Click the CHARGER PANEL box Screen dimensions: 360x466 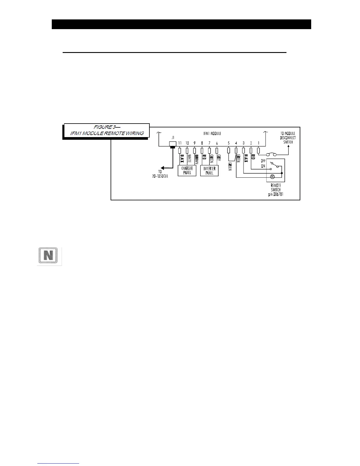click(x=187, y=171)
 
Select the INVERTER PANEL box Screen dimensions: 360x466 click(x=209, y=171)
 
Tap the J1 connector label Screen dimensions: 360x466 click(x=173, y=137)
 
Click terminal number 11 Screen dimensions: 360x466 click(x=180, y=143)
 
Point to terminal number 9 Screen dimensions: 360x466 click(x=194, y=143)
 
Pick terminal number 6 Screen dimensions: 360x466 click(x=217, y=143)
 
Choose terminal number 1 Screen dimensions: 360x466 click(x=259, y=143)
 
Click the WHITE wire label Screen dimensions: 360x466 click(x=189, y=159)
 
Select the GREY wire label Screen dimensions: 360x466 click(x=219, y=159)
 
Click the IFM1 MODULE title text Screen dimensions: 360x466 click(x=212, y=133)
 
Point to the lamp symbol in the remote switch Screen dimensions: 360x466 click(x=272, y=177)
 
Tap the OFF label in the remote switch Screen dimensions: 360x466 click(x=263, y=161)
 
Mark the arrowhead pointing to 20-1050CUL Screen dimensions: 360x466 click(x=163, y=168)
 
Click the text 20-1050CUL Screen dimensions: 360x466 click(x=160, y=176)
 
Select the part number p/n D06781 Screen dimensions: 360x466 click(x=276, y=194)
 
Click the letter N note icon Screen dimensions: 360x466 click(x=49, y=256)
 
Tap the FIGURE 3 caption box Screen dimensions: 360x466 click(x=107, y=130)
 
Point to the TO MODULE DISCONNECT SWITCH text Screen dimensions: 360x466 click(x=288, y=138)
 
